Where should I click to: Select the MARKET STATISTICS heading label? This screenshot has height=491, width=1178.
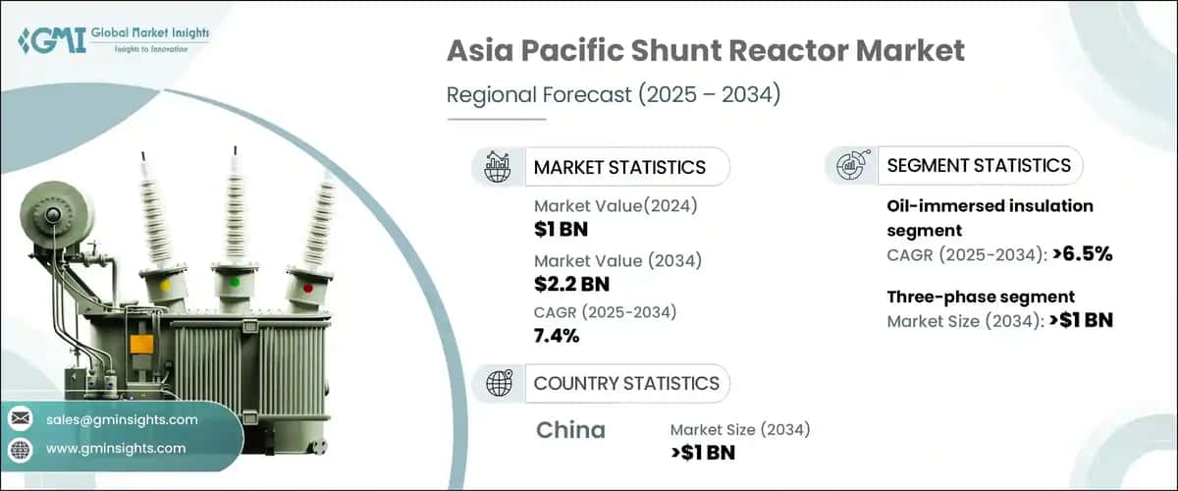click(619, 167)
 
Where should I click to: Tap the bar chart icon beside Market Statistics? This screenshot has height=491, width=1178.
click(499, 167)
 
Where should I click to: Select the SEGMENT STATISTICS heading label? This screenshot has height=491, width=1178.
click(979, 166)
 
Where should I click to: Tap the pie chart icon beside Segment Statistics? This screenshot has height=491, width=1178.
click(850, 166)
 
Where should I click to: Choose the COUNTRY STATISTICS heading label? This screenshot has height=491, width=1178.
click(626, 383)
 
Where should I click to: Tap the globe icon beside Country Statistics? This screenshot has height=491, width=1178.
click(499, 383)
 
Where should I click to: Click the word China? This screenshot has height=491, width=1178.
click(571, 430)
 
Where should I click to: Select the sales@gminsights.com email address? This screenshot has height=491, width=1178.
click(122, 419)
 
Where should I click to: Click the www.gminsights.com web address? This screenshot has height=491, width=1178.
click(116, 448)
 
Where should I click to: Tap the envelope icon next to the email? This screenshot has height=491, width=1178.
click(20, 419)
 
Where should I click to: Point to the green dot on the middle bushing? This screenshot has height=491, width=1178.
click(234, 281)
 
